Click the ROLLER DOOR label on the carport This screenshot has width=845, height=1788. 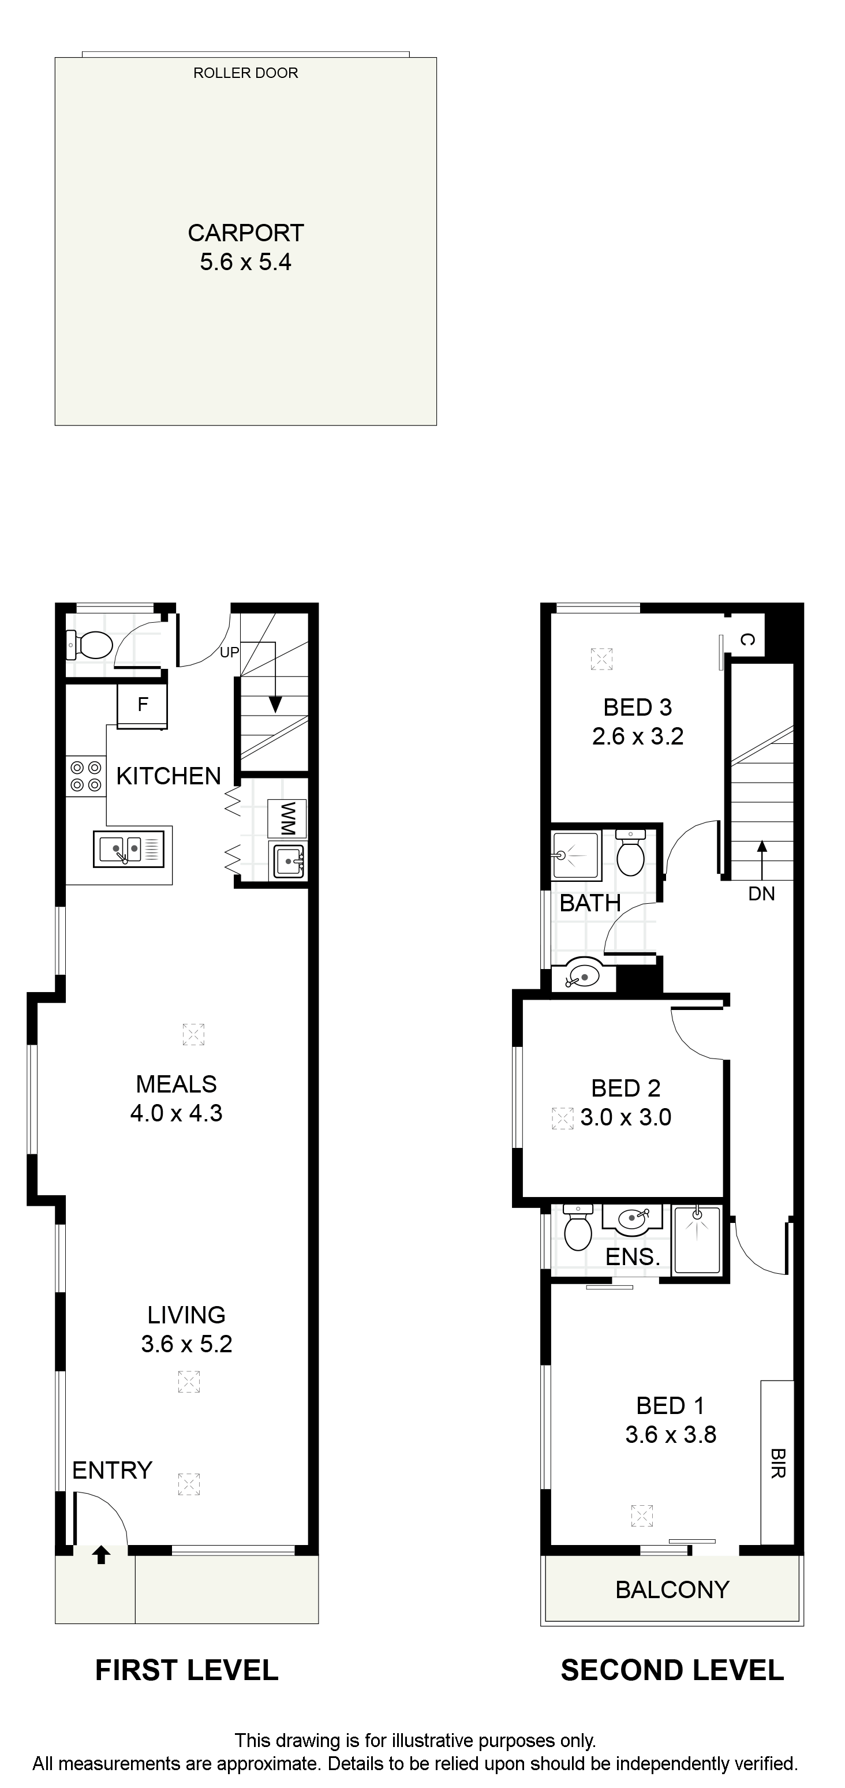246,73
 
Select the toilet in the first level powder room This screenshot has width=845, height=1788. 89,645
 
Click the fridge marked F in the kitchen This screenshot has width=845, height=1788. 143,706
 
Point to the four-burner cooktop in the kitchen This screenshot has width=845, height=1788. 85,777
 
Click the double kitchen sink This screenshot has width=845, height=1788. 129,848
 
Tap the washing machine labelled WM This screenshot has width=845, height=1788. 287,818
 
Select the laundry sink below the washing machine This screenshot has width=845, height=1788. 289,862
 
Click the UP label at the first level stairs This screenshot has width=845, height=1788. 229,652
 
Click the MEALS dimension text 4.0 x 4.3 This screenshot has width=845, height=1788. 177,1113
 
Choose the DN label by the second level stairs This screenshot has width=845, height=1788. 762,894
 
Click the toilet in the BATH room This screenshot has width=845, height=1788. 630,853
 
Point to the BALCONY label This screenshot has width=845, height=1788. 672,1589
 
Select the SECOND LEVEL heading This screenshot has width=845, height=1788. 672,1670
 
